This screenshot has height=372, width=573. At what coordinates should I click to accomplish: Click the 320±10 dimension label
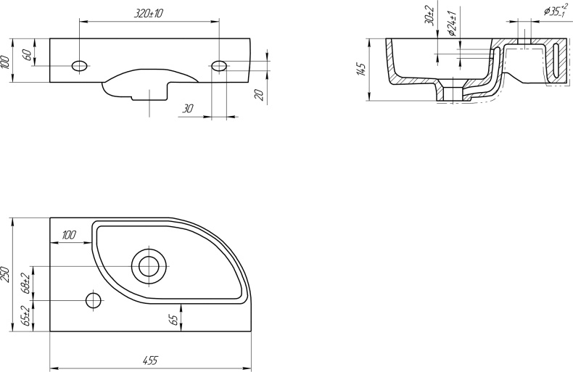(x=148, y=13)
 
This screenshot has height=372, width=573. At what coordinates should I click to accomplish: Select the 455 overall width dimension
(x=150, y=360)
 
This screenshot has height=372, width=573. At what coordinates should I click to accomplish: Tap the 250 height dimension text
(x=6, y=274)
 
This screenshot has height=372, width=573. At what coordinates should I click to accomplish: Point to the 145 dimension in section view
(x=361, y=70)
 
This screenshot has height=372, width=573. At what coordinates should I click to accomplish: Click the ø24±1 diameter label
(x=450, y=23)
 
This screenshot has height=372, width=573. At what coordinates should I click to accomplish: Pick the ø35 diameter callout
(x=555, y=11)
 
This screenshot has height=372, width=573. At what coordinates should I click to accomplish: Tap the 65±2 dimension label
(x=25, y=316)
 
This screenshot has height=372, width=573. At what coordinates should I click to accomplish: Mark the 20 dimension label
(x=258, y=94)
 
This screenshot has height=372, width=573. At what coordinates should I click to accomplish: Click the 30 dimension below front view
(x=188, y=108)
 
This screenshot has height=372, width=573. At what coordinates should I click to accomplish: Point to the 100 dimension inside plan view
(x=69, y=234)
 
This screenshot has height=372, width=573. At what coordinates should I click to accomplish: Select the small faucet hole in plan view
(x=94, y=299)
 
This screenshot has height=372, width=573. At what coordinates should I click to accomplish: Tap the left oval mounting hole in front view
(x=80, y=66)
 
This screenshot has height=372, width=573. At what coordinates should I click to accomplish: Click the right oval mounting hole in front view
(x=220, y=66)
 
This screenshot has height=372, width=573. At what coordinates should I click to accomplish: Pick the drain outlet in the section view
(x=453, y=94)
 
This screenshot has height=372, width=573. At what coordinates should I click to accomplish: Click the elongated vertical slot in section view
(x=556, y=62)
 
